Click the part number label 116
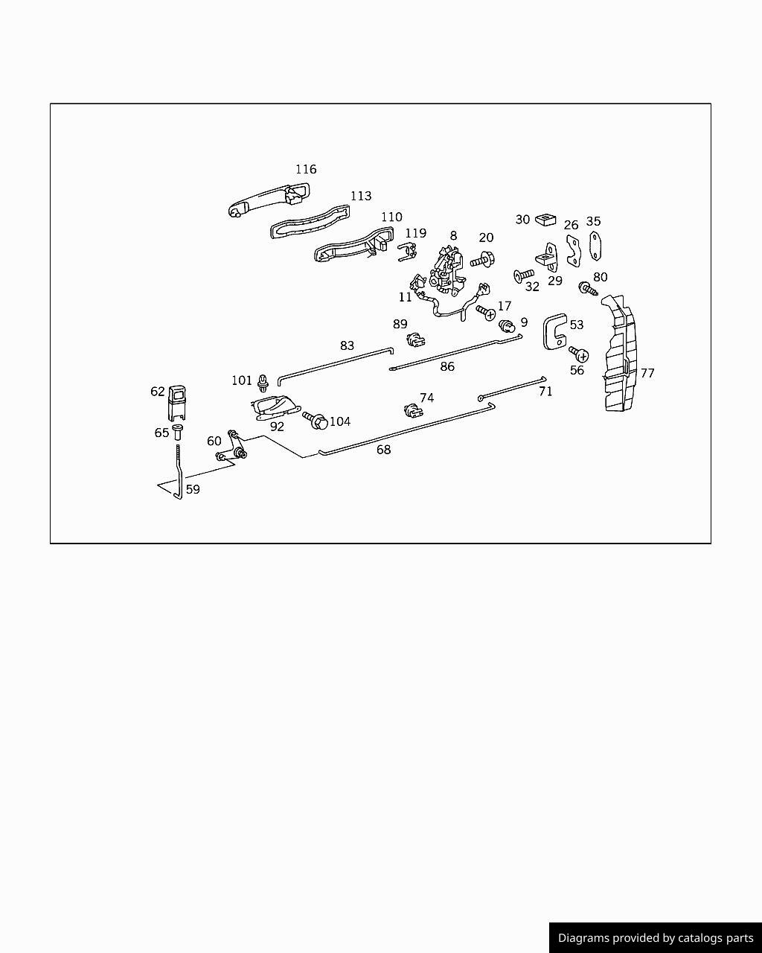point(306,169)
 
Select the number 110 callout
point(391,217)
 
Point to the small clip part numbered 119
point(407,252)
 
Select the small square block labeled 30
point(545,220)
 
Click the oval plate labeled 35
point(595,246)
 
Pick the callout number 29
point(555,281)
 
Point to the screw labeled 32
point(524,275)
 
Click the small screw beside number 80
point(588,289)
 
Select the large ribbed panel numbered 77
point(620,354)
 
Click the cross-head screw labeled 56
point(579,354)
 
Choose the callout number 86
point(447,366)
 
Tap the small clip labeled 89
point(415,340)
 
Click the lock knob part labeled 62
point(176,403)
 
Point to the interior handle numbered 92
point(275,407)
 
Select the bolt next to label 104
point(316,420)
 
